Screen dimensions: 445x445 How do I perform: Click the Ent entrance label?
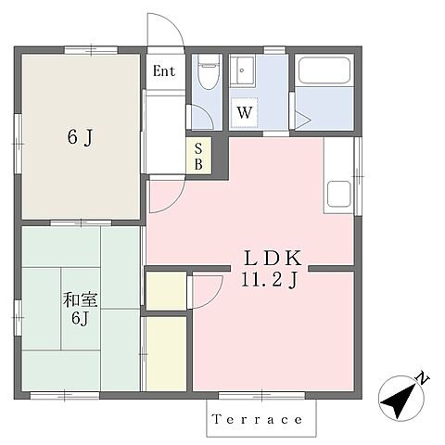[164, 71]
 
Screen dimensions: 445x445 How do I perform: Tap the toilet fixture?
[209, 71]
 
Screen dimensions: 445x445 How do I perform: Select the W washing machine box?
[245, 112]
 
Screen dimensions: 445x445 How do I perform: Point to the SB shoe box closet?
[198, 157]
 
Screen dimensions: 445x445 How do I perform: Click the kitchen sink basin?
[339, 194]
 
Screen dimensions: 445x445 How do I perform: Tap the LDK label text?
[273, 259]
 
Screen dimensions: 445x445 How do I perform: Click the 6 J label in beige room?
[80, 137]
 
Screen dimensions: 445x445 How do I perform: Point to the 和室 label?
[81, 299]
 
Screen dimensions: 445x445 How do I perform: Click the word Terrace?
[257, 419]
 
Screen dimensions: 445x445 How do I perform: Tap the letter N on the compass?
[423, 378]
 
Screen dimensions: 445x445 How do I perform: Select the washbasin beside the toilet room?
[243, 70]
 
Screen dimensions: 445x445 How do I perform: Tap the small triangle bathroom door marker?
[302, 120]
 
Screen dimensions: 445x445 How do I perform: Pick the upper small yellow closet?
[166, 291]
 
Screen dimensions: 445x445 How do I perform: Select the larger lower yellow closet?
[166, 354]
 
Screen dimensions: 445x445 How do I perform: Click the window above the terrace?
[261, 395]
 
